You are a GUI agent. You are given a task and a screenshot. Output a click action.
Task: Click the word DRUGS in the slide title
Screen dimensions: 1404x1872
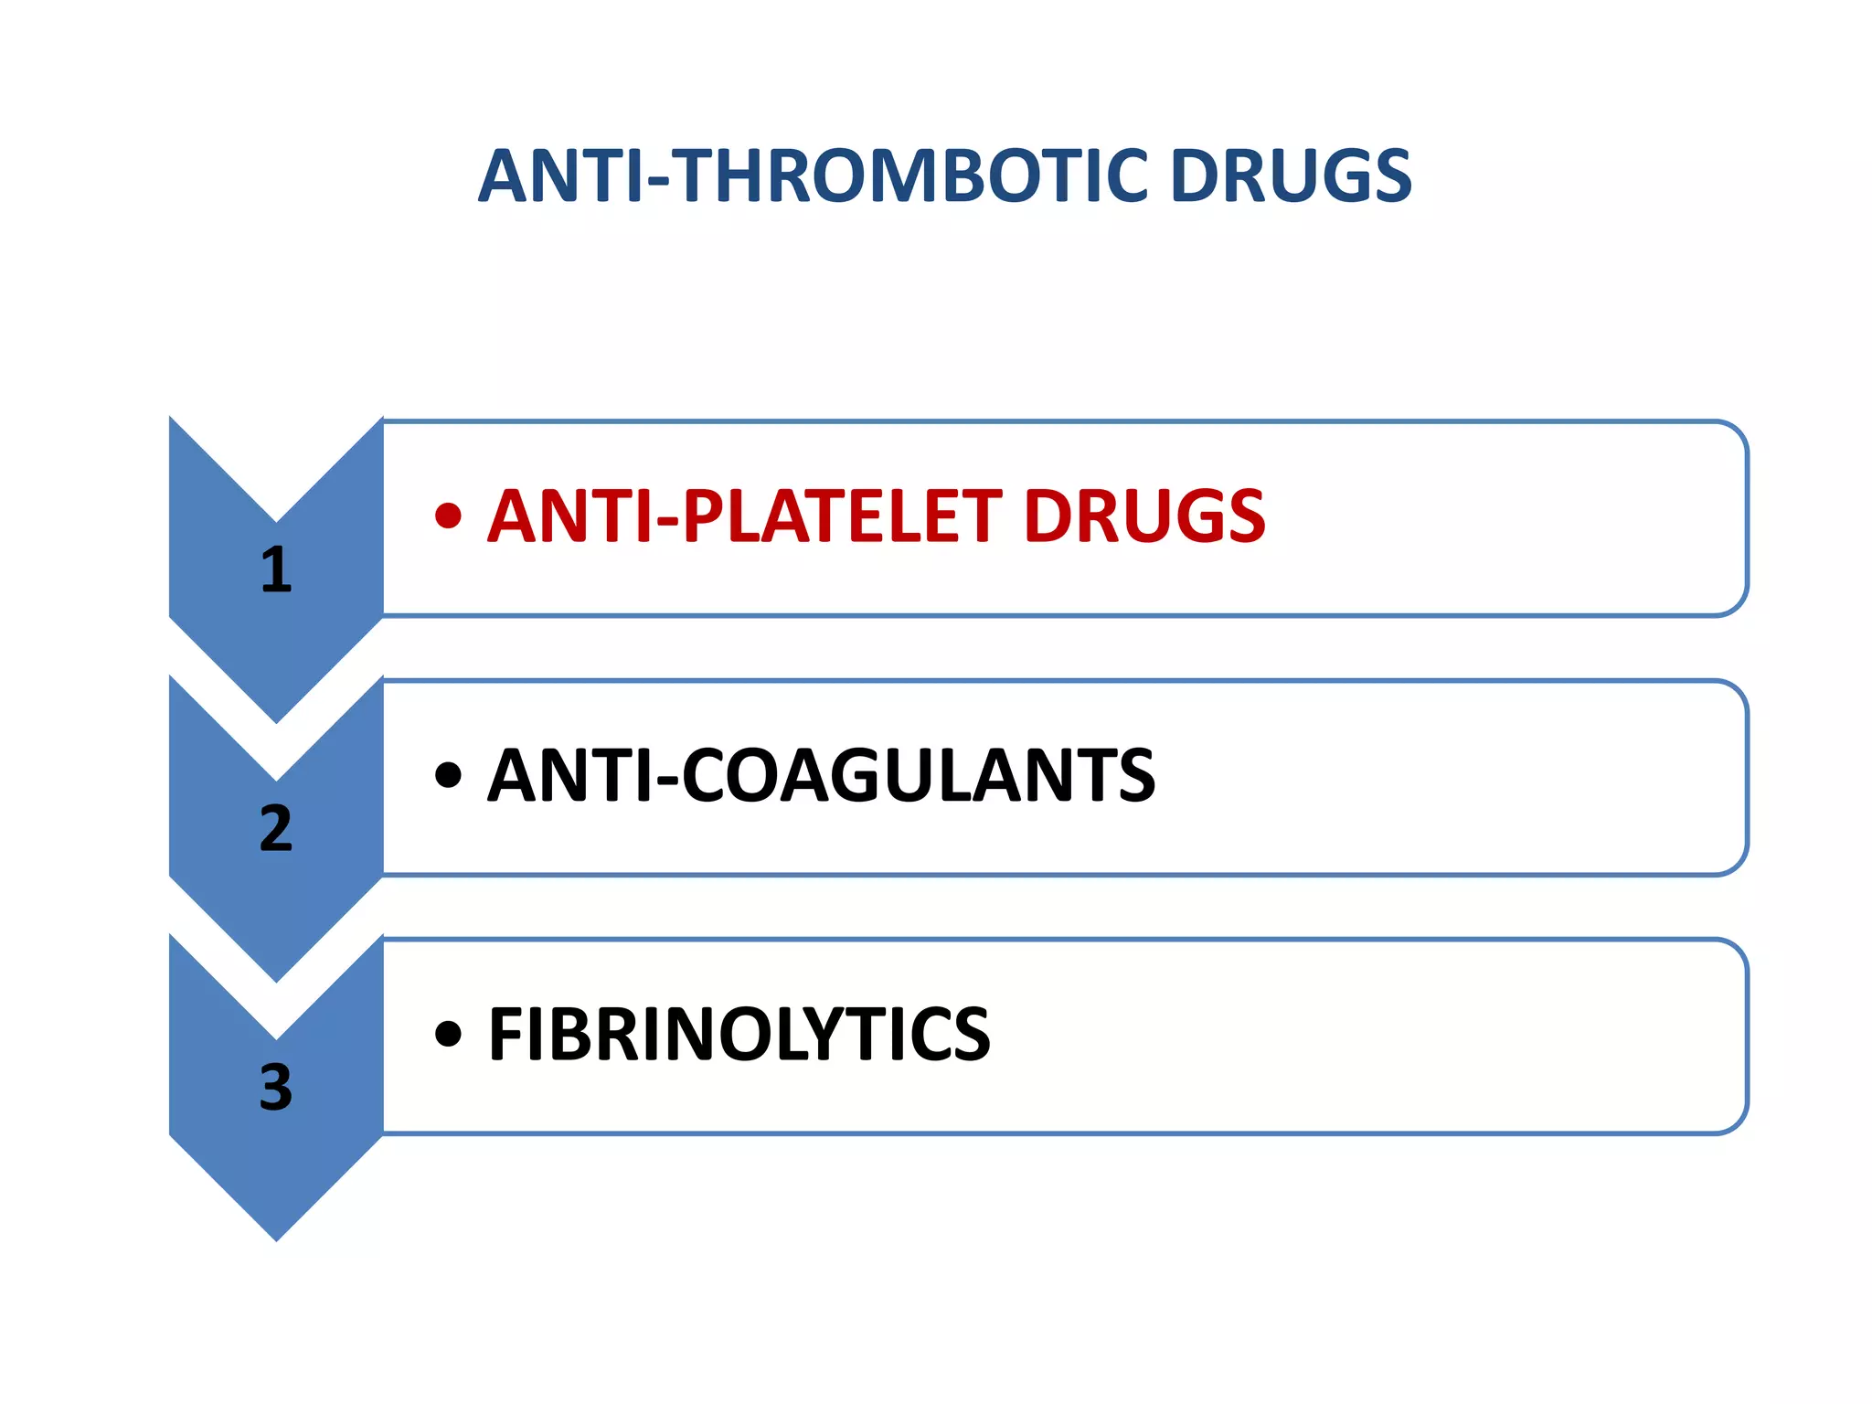(1291, 175)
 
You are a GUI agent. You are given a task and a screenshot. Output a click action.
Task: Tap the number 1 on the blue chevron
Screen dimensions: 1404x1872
(276, 569)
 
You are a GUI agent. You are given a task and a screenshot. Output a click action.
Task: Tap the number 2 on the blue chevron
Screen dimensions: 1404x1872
(276, 828)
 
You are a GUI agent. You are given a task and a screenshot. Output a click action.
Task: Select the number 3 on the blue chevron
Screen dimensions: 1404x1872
(276, 1087)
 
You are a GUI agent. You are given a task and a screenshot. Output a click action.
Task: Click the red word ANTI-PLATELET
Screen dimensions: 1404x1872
(744, 516)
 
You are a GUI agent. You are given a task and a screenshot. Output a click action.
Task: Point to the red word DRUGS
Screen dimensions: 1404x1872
(1144, 516)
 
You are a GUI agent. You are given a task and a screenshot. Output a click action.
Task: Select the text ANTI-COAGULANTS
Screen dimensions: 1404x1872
(821, 776)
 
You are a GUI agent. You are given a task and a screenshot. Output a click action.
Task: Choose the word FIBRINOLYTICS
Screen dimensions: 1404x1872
(739, 1035)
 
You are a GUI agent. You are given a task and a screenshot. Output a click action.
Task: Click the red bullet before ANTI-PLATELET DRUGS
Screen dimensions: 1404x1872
(448, 516)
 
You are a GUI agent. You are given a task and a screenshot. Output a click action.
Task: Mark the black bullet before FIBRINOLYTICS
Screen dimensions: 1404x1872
(448, 1035)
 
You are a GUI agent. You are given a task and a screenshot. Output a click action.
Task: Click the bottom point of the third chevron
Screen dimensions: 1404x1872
(276, 1236)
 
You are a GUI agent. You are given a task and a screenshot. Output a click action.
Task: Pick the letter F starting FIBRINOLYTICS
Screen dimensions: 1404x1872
(505, 1035)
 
